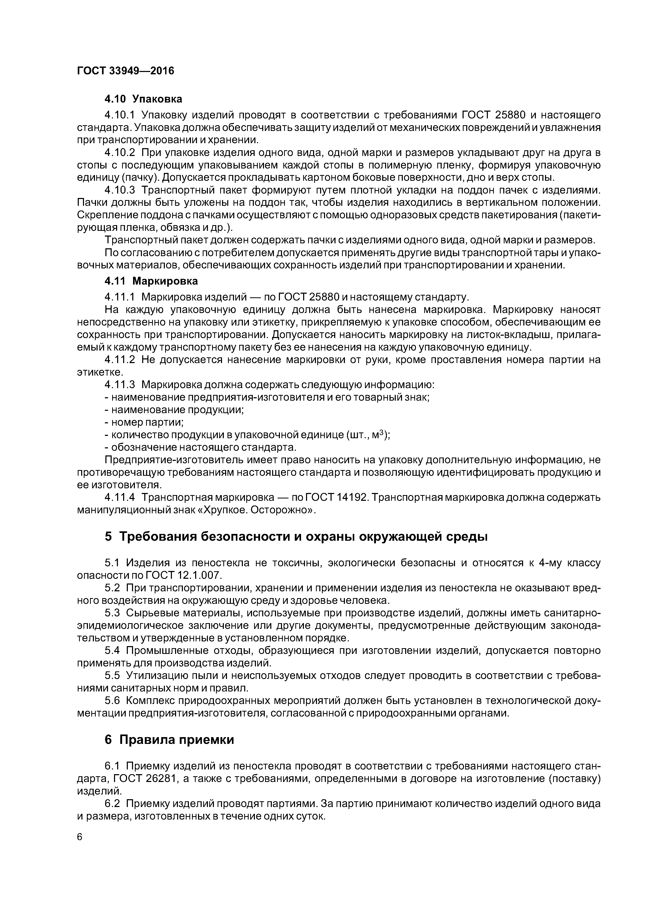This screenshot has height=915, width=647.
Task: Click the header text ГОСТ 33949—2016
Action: [x=125, y=71]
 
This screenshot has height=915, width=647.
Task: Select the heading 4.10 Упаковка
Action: [x=143, y=99]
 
